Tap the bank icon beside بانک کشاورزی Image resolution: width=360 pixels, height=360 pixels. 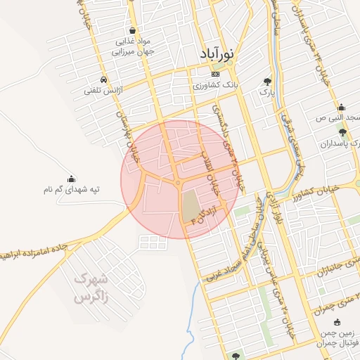point(215,74)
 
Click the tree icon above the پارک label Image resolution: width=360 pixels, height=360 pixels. point(266,81)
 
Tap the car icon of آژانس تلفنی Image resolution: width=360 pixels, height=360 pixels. point(104,79)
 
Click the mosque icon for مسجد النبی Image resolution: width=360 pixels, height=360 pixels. point(341,108)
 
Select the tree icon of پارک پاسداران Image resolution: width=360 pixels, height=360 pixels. point(342,132)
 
